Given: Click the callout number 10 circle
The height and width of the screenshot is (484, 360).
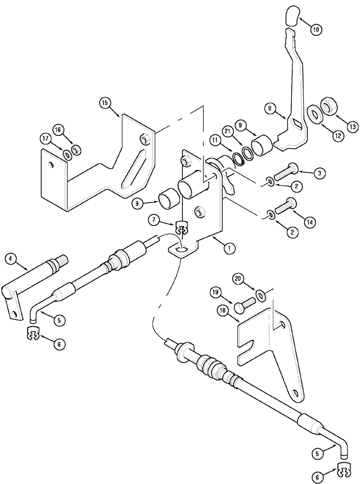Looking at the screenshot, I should [315, 30].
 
